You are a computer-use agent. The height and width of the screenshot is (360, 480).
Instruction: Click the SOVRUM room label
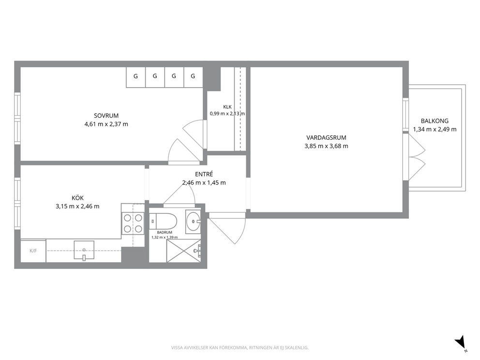click(106, 116)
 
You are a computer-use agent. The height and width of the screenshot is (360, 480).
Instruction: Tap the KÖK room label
click(77, 198)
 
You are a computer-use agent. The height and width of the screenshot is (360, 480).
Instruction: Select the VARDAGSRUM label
click(326, 138)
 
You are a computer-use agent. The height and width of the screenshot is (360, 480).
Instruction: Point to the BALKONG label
click(435, 121)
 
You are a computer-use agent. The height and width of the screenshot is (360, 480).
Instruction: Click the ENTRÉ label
click(204, 174)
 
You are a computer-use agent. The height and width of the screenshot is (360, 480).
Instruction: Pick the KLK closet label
click(227, 107)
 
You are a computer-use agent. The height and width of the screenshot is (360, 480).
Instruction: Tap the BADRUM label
click(165, 232)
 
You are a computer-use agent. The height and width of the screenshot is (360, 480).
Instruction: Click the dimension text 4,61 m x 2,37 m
click(106, 124)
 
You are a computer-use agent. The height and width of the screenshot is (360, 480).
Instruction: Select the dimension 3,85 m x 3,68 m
click(326, 146)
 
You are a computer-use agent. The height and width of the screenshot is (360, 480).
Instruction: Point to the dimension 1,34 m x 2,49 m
click(435, 130)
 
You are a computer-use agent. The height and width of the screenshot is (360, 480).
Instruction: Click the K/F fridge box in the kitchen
click(33, 251)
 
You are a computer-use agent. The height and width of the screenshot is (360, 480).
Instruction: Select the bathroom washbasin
click(193, 221)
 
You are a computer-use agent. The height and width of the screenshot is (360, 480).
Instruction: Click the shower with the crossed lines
click(184, 251)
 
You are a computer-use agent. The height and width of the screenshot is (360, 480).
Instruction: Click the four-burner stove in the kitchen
click(133, 223)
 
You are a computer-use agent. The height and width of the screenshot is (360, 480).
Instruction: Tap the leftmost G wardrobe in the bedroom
click(135, 76)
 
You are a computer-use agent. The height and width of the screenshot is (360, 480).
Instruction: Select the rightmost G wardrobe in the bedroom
click(193, 76)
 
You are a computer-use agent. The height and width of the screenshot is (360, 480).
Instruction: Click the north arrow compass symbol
click(461, 343)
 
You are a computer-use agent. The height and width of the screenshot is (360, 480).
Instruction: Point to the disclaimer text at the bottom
click(240, 347)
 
